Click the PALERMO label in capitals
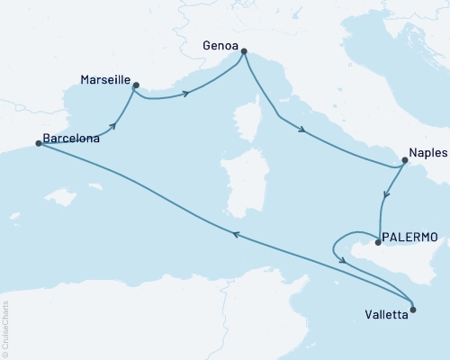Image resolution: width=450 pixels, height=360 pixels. pyautogui.click(x=410, y=237)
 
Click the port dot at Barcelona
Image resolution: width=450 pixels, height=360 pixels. pyautogui.click(x=38, y=142)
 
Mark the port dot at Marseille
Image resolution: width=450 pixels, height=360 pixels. pyautogui.click(x=135, y=85)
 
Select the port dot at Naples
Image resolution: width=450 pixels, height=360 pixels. pyautogui.click(x=404, y=162)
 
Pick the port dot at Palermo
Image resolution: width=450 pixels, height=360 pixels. pyautogui.click(x=377, y=242)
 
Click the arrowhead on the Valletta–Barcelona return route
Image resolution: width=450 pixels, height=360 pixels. pyautogui.click(x=236, y=234)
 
